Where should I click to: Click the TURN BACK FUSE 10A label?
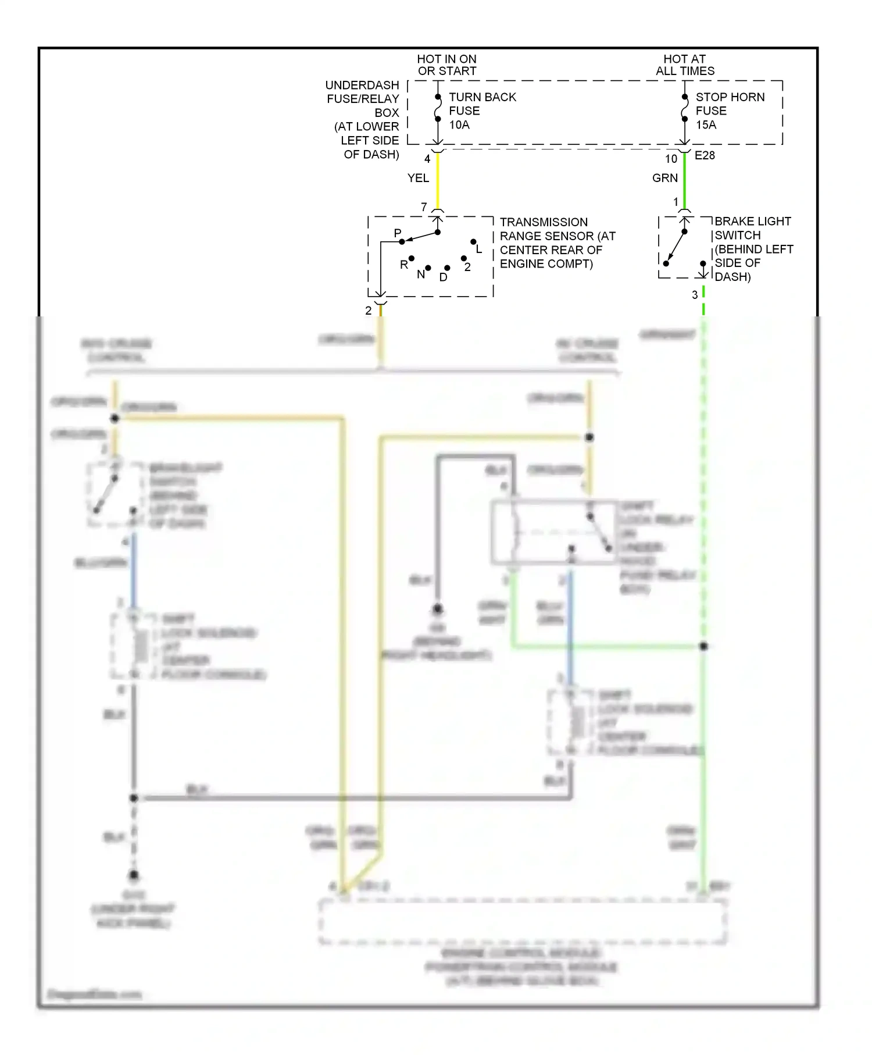click(x=482, y=111)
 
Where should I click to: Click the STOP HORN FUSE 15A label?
click(x=730, y=111)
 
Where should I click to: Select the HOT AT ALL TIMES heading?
click(x=685, y=65)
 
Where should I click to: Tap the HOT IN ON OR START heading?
click(x=446, y=65)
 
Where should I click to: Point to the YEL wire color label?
click(x=418, y=178)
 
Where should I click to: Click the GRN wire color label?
click(x=664, y=178)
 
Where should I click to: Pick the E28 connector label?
click(x=705, y=155)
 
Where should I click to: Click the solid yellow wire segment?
click(x=438, y=180)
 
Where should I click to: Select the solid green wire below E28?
click(x=685, y=180)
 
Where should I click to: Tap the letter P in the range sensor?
click(x=398, y=233)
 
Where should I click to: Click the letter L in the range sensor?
click(x=479, y=250)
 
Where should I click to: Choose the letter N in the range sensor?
click(x=421, y=275)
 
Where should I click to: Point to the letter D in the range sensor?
click(x=444, y=277)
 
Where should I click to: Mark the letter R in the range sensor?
click(x=404, y=265)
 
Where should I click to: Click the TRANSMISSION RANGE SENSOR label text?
click(x=557, y=243)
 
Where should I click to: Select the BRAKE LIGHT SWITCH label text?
click(x=753, y=248)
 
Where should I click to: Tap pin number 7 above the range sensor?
click(x=424, y=206)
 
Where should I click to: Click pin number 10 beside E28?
click(x=671, y=159)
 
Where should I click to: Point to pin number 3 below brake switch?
click(x=695, y=295)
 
